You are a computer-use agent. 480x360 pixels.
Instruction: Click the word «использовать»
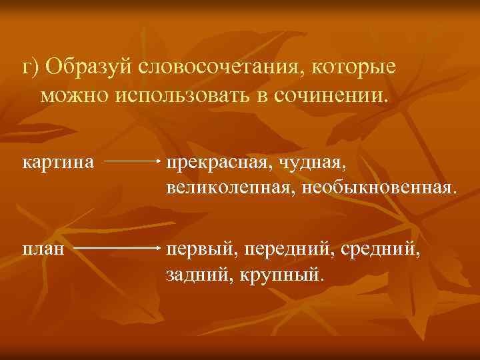184,95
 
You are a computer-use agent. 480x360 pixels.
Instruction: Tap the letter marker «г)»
31,67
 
